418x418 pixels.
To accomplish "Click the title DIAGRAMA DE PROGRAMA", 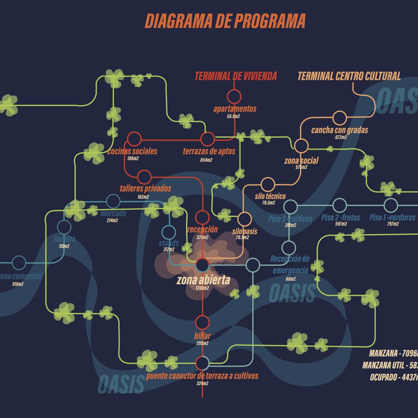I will pyautogui.click(x=225, y=21).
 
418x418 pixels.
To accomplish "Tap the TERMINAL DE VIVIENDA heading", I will pyautogui.click(x=236, y=76).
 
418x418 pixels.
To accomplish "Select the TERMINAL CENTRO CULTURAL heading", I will pyautogui.click(x=349, y=76).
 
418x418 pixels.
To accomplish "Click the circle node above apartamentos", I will pyautogui.click(x=234, y=96).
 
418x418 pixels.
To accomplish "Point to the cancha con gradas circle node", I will pyautogui.click(x=339, y=118).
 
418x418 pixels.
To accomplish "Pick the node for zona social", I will pyautogui.click(x=301, y=145).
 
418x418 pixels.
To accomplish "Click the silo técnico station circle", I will pyautogui.click(x=268, y=184).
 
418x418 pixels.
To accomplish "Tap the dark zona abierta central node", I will pyautogui.click(x=202, y=265).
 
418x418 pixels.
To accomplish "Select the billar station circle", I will pyautogui.click(x=202, y=323).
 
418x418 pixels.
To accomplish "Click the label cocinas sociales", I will pyautogui.click(x=132, y=152).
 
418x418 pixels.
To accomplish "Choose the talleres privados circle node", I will pyautogui.click(x=144, y=177).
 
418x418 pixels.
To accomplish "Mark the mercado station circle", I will pyautogui.click(x=113, y=201).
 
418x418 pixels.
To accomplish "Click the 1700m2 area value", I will pyautogui.click(x=202, y=289).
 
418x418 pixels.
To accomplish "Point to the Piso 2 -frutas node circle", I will pyautogui.click(x=340, y=205).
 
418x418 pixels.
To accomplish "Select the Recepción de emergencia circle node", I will pyautogui.click(x=289, y=248).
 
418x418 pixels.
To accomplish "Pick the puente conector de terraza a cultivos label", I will pyautogui.click(x=202, y=376).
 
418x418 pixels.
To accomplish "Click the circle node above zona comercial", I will pyautogui.click(x=19, y=263).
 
